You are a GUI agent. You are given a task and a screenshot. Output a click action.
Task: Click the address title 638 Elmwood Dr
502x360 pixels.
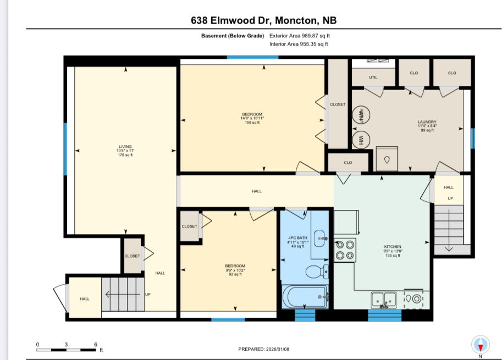click(x=263, y=21)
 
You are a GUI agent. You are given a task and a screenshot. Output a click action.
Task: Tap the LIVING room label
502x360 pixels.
click(x=125, y=151)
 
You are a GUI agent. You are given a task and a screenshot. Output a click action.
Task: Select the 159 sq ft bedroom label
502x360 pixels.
click(x=251, y=118)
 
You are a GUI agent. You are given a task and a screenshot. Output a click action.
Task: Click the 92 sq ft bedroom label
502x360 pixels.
click(x=235, y=270)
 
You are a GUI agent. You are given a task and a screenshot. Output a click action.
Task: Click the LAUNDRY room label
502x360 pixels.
click(x=427, y=125)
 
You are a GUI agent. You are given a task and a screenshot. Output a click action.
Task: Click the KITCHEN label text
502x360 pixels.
click(x=393, y=250)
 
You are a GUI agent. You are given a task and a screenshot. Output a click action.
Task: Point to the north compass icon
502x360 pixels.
click(x=480, y=345)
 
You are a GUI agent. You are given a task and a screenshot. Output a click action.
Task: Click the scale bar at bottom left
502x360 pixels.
click(x=67, y=348)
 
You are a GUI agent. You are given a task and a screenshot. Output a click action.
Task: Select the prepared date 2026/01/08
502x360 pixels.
click(x=263, y=349)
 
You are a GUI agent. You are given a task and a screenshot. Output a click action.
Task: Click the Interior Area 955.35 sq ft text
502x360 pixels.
click(x=299, y=44)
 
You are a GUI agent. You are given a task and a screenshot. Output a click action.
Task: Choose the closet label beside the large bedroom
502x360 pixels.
click(x=338, y=104)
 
